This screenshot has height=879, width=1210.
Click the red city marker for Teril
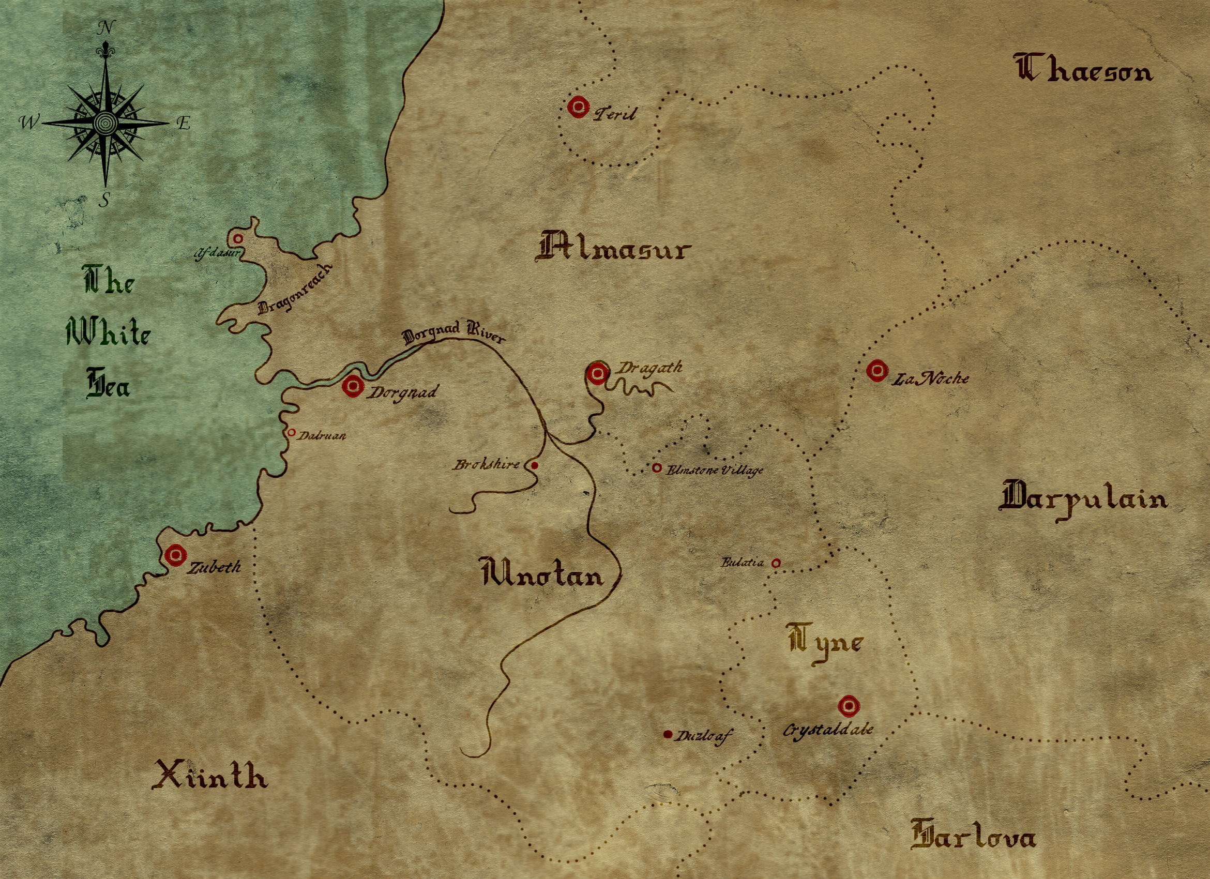pyautogui.click(x=578, y=107)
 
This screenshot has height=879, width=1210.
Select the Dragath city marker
pyautogui.click(x=598, y=373)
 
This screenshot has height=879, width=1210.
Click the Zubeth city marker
pyautogui.click(x=175, y=555)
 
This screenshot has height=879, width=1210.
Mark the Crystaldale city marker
pyautogui.click(x=848, y=706)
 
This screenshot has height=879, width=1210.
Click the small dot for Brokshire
pyautogui.click(x=535, y=465)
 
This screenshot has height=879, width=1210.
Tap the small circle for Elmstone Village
pyautogui.click(x=657, y=468)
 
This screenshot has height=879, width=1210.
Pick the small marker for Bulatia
pyautogui.click(x=776, y=563)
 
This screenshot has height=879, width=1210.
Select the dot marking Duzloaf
pyautogui.click(x=668, y=734)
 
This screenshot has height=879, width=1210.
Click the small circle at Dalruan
pyautogui.click(x=291, y=433)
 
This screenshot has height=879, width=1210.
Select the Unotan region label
pyautogui.click(x=542, y=572)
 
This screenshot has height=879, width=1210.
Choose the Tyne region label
pyautogui.click(x=825, y=643)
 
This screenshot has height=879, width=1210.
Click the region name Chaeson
pyautogui.click(x=1082, y=69)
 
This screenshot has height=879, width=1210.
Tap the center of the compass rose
pyautogui.click(x=105, y=123)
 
